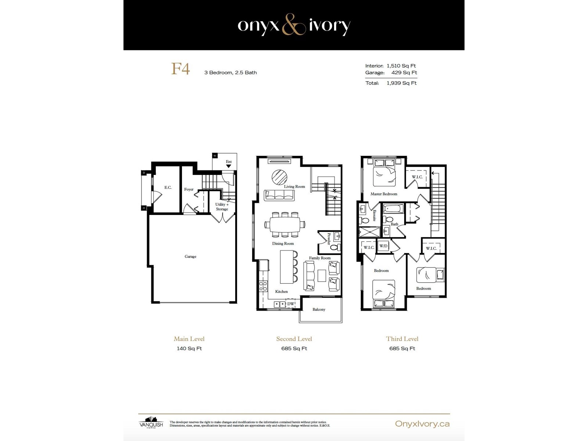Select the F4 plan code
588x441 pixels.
point(180,69)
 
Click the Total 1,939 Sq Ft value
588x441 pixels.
point(401,83)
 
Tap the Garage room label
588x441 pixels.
point(190,257)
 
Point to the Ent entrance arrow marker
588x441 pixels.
point(229,166)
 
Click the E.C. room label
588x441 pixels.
point(168,187)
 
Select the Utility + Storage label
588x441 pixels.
point(222,207)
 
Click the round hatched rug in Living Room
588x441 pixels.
point(279,177)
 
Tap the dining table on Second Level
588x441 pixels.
point(284,224)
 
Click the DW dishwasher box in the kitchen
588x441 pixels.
point(291,304)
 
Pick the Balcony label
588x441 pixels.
point(319,309)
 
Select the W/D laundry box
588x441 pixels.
point(383,246)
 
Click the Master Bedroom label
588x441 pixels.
point(384,194)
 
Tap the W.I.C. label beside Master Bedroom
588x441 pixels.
point(417,177)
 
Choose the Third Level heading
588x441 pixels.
point(402,339)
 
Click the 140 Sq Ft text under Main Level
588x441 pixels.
point(189,348)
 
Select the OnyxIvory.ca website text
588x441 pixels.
point(422,424)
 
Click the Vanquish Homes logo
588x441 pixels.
point(151,423)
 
